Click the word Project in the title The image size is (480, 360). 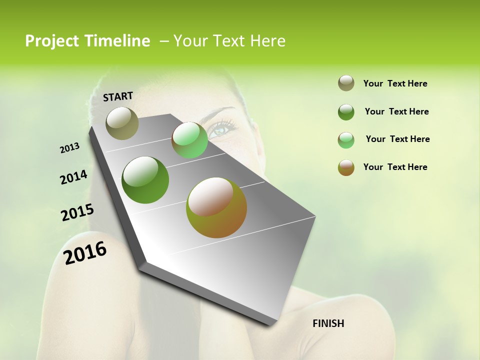pos(52,41)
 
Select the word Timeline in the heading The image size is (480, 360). pos(117,41)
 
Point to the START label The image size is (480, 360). pos(118,96)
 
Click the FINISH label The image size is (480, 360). pos(328,323)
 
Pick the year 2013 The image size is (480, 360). pos(70,148)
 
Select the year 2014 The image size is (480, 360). pos(73,177)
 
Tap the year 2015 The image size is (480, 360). pos(77,212)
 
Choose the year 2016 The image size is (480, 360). pos(85,252)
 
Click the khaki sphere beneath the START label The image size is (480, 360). pos(122,123)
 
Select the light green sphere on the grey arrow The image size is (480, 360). pos(189,140)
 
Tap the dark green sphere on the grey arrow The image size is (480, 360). pos(145,180)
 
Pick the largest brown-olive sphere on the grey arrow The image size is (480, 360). pos(216,207)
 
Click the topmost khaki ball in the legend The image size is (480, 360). pos(346,83)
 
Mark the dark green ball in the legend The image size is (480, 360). pos(346,112)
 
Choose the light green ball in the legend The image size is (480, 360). pos(346,140)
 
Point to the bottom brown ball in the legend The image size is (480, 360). pos(346,167)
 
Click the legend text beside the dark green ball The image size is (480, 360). pos(396,111)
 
